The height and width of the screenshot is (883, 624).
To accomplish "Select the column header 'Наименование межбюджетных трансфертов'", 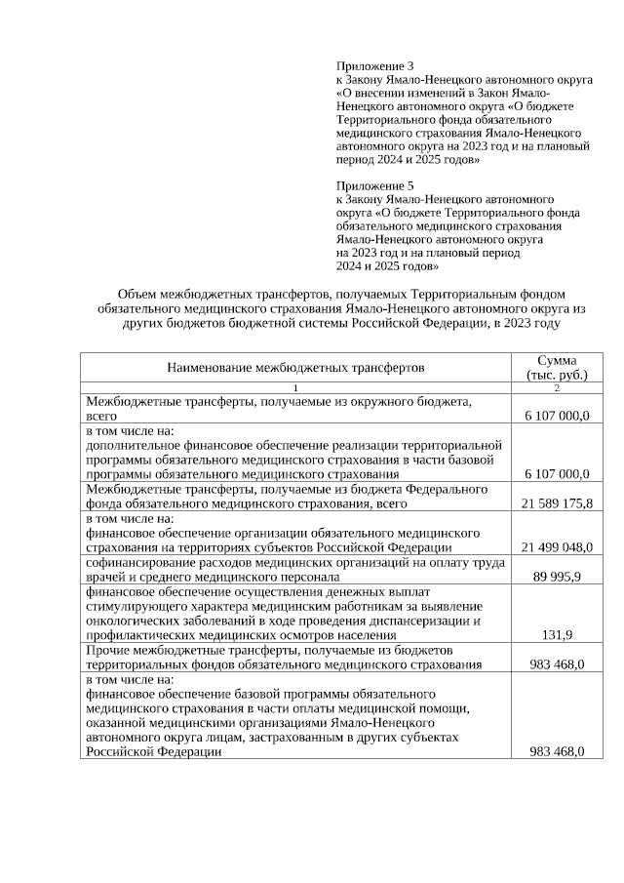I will click(295, 368).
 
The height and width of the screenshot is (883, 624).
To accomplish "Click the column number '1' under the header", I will click(295, 387).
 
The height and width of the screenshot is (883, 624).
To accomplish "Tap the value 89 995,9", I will click(557, 577).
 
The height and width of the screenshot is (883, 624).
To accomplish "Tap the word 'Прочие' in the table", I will click(106, 650).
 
